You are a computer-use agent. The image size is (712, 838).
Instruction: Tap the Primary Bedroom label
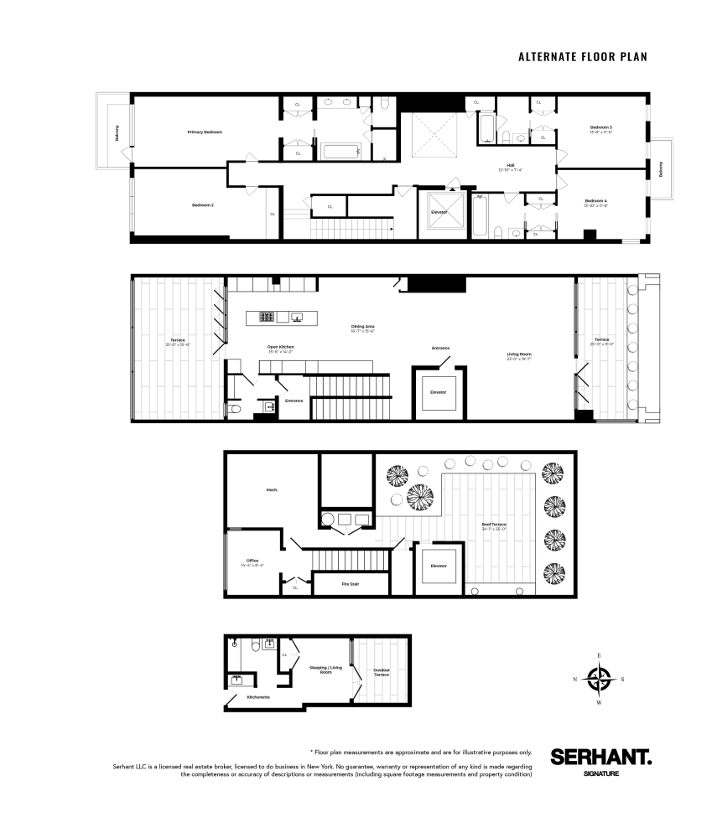tap(205, 132)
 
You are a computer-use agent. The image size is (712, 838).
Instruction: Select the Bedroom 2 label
tap(202, 204)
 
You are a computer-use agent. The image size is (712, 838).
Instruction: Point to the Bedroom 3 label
tap(600, 127)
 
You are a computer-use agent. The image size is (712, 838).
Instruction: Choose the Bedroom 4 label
tap(595, 200)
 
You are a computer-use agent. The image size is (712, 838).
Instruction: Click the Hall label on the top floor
tap(509, 165)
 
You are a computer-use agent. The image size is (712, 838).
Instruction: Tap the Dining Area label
tap(362, 326)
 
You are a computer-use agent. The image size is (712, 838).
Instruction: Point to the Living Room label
tap(519, 354)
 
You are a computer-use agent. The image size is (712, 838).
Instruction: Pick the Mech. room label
tap(272, 489)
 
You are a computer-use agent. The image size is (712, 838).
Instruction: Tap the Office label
tap(252, 561)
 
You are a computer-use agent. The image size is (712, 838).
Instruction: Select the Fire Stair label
tap(350, 583)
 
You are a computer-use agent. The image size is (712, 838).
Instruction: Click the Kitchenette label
tap(257, 697)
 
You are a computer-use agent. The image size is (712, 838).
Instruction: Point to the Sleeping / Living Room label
tap(326, 669)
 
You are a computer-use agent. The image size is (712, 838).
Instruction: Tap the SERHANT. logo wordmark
tap(600, 756)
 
